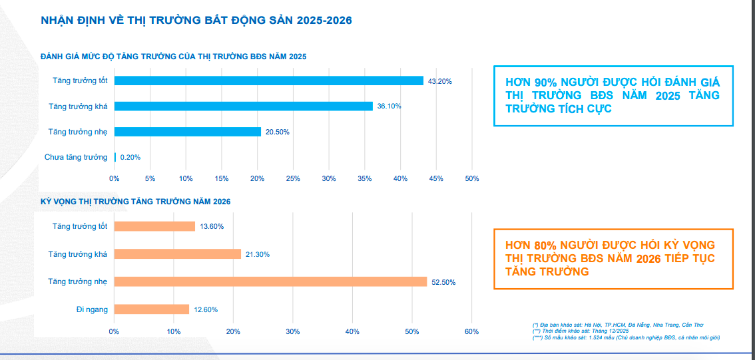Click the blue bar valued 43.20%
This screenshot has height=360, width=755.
point(269,81)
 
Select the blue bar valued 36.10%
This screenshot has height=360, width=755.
point(243,106)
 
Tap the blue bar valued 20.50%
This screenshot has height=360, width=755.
point(187,132)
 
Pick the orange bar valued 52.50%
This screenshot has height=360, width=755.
point(270,281)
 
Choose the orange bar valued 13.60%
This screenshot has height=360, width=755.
point(154,226)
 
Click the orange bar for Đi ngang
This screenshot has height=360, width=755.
point(152,309)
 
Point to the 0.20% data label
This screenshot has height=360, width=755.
point(130,158)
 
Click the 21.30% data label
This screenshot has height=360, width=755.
point(258,254)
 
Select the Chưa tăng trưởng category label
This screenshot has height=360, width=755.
point(76,157)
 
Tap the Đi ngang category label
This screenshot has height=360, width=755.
point(92,309)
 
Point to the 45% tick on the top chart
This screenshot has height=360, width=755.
point(436,178)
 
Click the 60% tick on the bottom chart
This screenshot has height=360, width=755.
point(471,331)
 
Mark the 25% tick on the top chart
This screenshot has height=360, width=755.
point(293,178)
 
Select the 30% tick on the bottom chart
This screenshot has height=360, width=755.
point(292,331)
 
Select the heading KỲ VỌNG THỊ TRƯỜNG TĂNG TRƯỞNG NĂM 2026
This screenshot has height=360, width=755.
point(136,201)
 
